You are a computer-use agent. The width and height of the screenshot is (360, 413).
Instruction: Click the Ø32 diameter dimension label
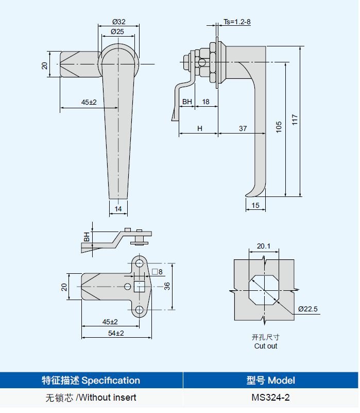pyautogui.click(x=118, y=22)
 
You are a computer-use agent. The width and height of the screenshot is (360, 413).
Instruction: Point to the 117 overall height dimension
pyautogui.click(x=295, y=120)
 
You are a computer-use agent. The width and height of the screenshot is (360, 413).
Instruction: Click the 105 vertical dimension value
pyautogui.click(x=279, y=127)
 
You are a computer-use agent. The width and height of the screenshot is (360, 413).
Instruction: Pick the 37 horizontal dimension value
pyautogui.click(x=243, y=128)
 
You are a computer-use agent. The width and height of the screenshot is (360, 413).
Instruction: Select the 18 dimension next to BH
pyautogui.click(x=205, y=102)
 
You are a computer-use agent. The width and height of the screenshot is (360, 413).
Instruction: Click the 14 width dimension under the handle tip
pyautogui.click(x=118, y=209)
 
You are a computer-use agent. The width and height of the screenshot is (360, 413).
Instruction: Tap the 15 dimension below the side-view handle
pyautogui.click(x=255, y=206)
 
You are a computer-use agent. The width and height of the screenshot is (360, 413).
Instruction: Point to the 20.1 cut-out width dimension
pyautogui.click(x=263, y=246)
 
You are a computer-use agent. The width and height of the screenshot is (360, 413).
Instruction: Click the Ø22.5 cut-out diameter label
pyautogui.click(x=308, y=309)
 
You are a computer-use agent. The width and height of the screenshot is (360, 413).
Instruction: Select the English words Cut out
pyautogui.click(x=265, y=346)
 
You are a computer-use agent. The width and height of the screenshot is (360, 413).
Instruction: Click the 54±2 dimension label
pyautogui.click(x=116, y=333)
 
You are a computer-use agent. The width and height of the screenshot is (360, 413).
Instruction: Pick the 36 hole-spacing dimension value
pyautogui.click(x=167, y=286)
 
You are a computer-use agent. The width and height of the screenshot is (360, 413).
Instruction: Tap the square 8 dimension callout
pyautogui.click(x=157, y=272)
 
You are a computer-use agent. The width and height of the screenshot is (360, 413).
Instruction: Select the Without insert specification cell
pyautogui.click(x=91, y=398)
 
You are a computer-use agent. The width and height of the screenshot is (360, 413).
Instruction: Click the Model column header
pyautogui.click(x=270, y=381)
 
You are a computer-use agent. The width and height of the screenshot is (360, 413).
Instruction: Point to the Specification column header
pyautogui.click(x=91, y=381)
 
